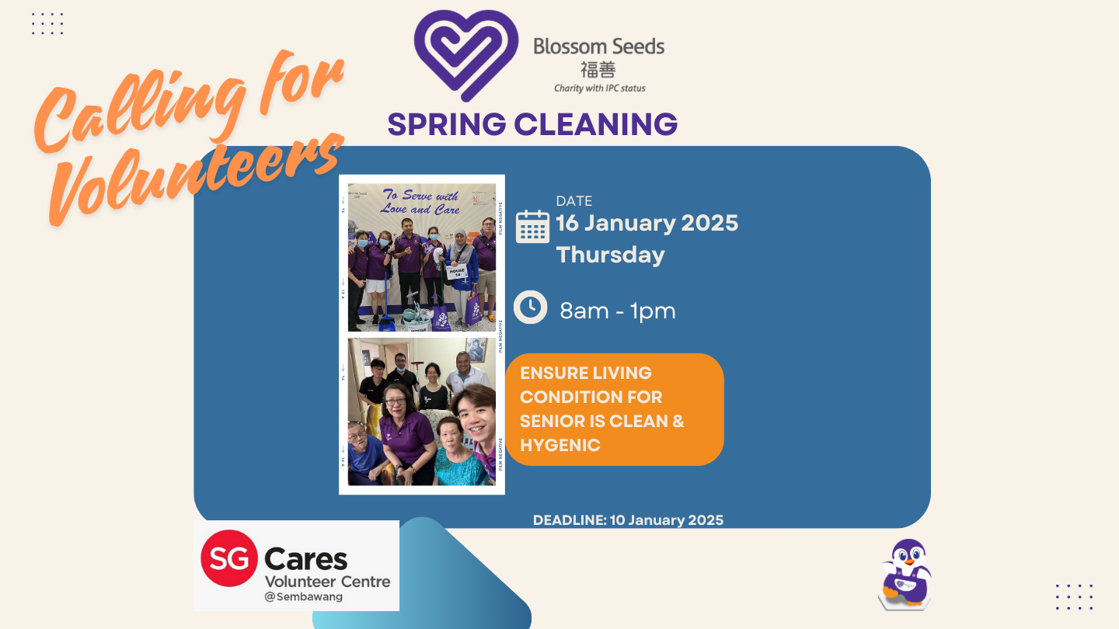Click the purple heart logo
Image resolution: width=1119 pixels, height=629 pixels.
pos(465,54)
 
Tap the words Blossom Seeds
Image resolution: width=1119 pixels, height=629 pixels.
pos(598,47)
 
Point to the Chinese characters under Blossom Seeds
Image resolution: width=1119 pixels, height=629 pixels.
pos(598,69)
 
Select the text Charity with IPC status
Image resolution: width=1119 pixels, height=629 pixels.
pos(599,89)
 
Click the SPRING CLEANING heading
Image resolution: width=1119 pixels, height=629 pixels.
pos(532,124)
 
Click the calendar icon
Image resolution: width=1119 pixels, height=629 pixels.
pos(532,226)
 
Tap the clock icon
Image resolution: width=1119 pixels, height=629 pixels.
pos(531,308)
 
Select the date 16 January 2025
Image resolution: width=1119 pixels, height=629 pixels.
pos(647,223)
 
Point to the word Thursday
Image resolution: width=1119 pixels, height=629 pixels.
pos(610,255)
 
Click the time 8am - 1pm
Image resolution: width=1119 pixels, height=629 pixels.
pos(618,311)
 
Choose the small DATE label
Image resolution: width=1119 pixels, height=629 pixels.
pos(574,201)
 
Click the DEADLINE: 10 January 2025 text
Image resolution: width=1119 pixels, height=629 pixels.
pos(628,520)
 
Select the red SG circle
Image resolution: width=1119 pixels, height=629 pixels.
pos(228,558)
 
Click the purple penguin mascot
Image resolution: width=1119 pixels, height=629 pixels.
pos(905,574)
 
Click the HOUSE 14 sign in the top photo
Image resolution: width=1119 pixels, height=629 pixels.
pos(456,272)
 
